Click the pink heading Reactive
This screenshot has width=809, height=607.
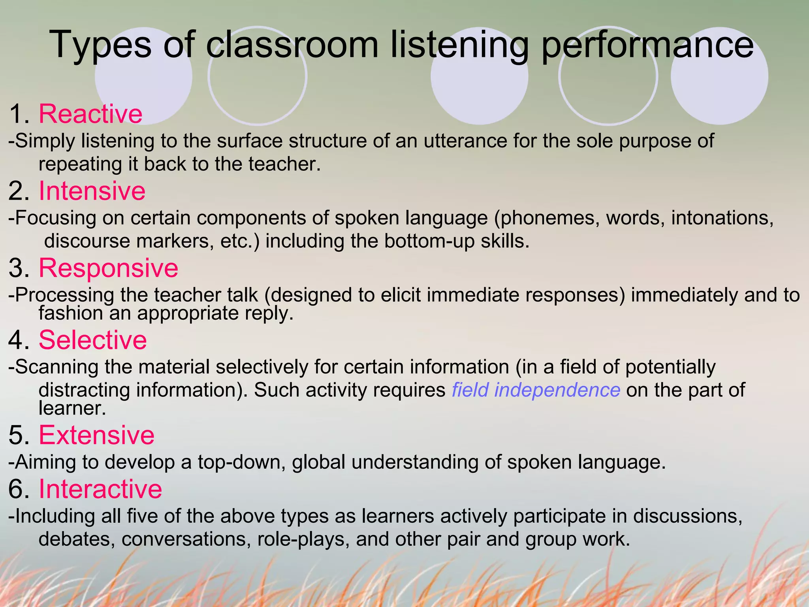tap(90, 114)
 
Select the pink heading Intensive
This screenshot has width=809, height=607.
tap(92, 191)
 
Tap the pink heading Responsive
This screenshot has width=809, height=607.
tap(108, 268)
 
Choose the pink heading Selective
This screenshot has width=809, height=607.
tap(93, 340)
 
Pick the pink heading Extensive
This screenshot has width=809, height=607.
tap(96, 435)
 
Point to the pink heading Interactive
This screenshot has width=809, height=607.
tap(100, 489)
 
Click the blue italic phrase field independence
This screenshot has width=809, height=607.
tap(536, 390)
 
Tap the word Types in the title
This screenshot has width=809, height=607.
tap(101, 46)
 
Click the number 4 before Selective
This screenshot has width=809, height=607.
tap(16, 340)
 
